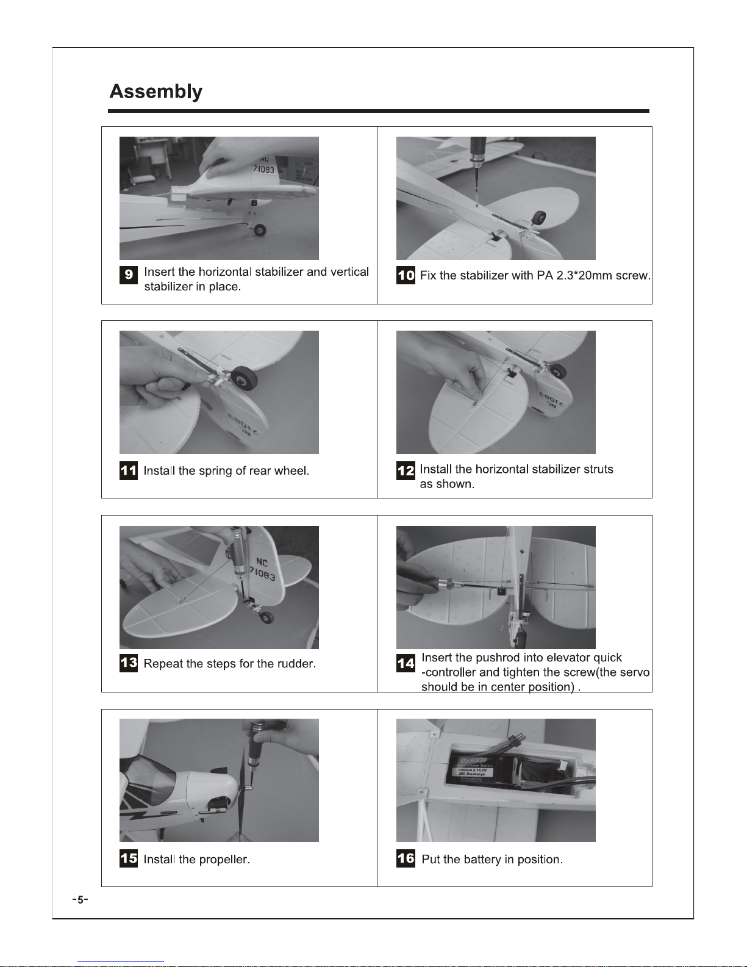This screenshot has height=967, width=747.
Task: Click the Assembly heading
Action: tap(155, 92)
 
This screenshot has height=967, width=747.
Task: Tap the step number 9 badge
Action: tap(129, 275)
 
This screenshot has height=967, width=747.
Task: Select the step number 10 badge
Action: tap(406, 275)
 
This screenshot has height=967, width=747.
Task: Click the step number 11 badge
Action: tap(129, 470)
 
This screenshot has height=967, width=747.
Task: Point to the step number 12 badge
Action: tap(406, 470)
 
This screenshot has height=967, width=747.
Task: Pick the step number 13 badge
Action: tap(129, 663)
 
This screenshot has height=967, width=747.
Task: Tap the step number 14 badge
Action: tap(406, 663)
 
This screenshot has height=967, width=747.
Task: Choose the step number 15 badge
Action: tap(129, 858)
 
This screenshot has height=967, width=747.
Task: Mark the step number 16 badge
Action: tap(406, 858)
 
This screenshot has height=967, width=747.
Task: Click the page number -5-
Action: tap(80, 900)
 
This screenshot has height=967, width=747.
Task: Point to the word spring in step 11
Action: tap(215, 471)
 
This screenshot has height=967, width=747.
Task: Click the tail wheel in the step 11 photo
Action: tap(244, 378)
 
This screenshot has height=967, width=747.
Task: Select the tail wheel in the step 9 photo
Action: tap(260, 230)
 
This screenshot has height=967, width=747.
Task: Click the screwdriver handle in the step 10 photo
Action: tap(479, 151)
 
